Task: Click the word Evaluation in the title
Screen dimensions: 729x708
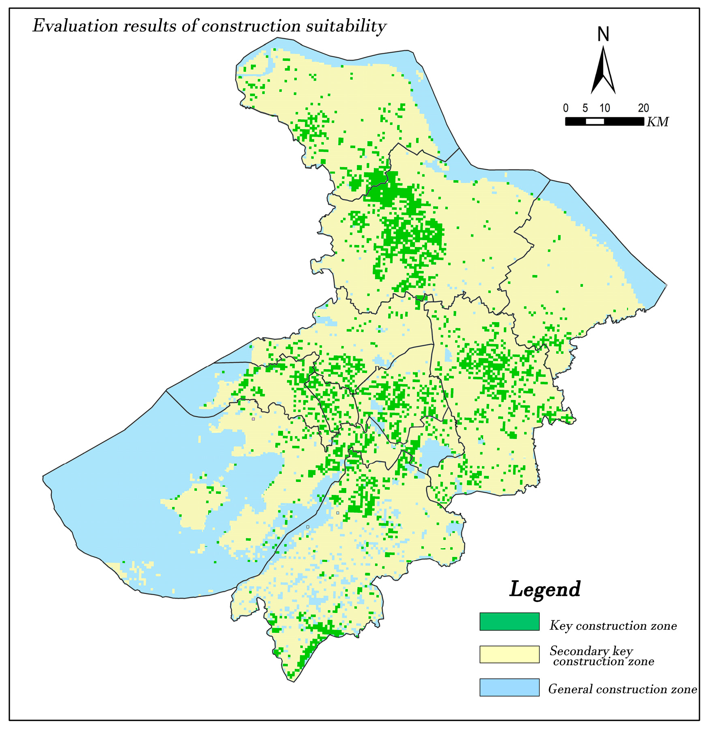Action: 75,26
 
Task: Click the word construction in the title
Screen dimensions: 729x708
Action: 251,26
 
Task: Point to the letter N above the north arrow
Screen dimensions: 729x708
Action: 603,34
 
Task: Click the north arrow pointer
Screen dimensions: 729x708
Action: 603,71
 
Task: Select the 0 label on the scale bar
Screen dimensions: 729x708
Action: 566,108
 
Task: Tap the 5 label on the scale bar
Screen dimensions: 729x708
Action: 585,108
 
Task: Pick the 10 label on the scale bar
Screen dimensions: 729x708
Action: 604,108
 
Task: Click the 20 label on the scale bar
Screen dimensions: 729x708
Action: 643,108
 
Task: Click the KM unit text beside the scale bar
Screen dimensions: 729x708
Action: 658,122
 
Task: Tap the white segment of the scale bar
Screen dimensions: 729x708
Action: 595,121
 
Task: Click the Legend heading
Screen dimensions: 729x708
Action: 545,589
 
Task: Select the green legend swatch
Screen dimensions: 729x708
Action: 509,621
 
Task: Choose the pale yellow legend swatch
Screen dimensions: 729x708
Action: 509,654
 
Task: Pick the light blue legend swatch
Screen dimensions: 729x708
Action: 509,687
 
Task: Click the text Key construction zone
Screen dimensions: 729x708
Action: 613,626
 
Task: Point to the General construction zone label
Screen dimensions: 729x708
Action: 622,689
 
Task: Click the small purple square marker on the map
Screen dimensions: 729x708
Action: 253,419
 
